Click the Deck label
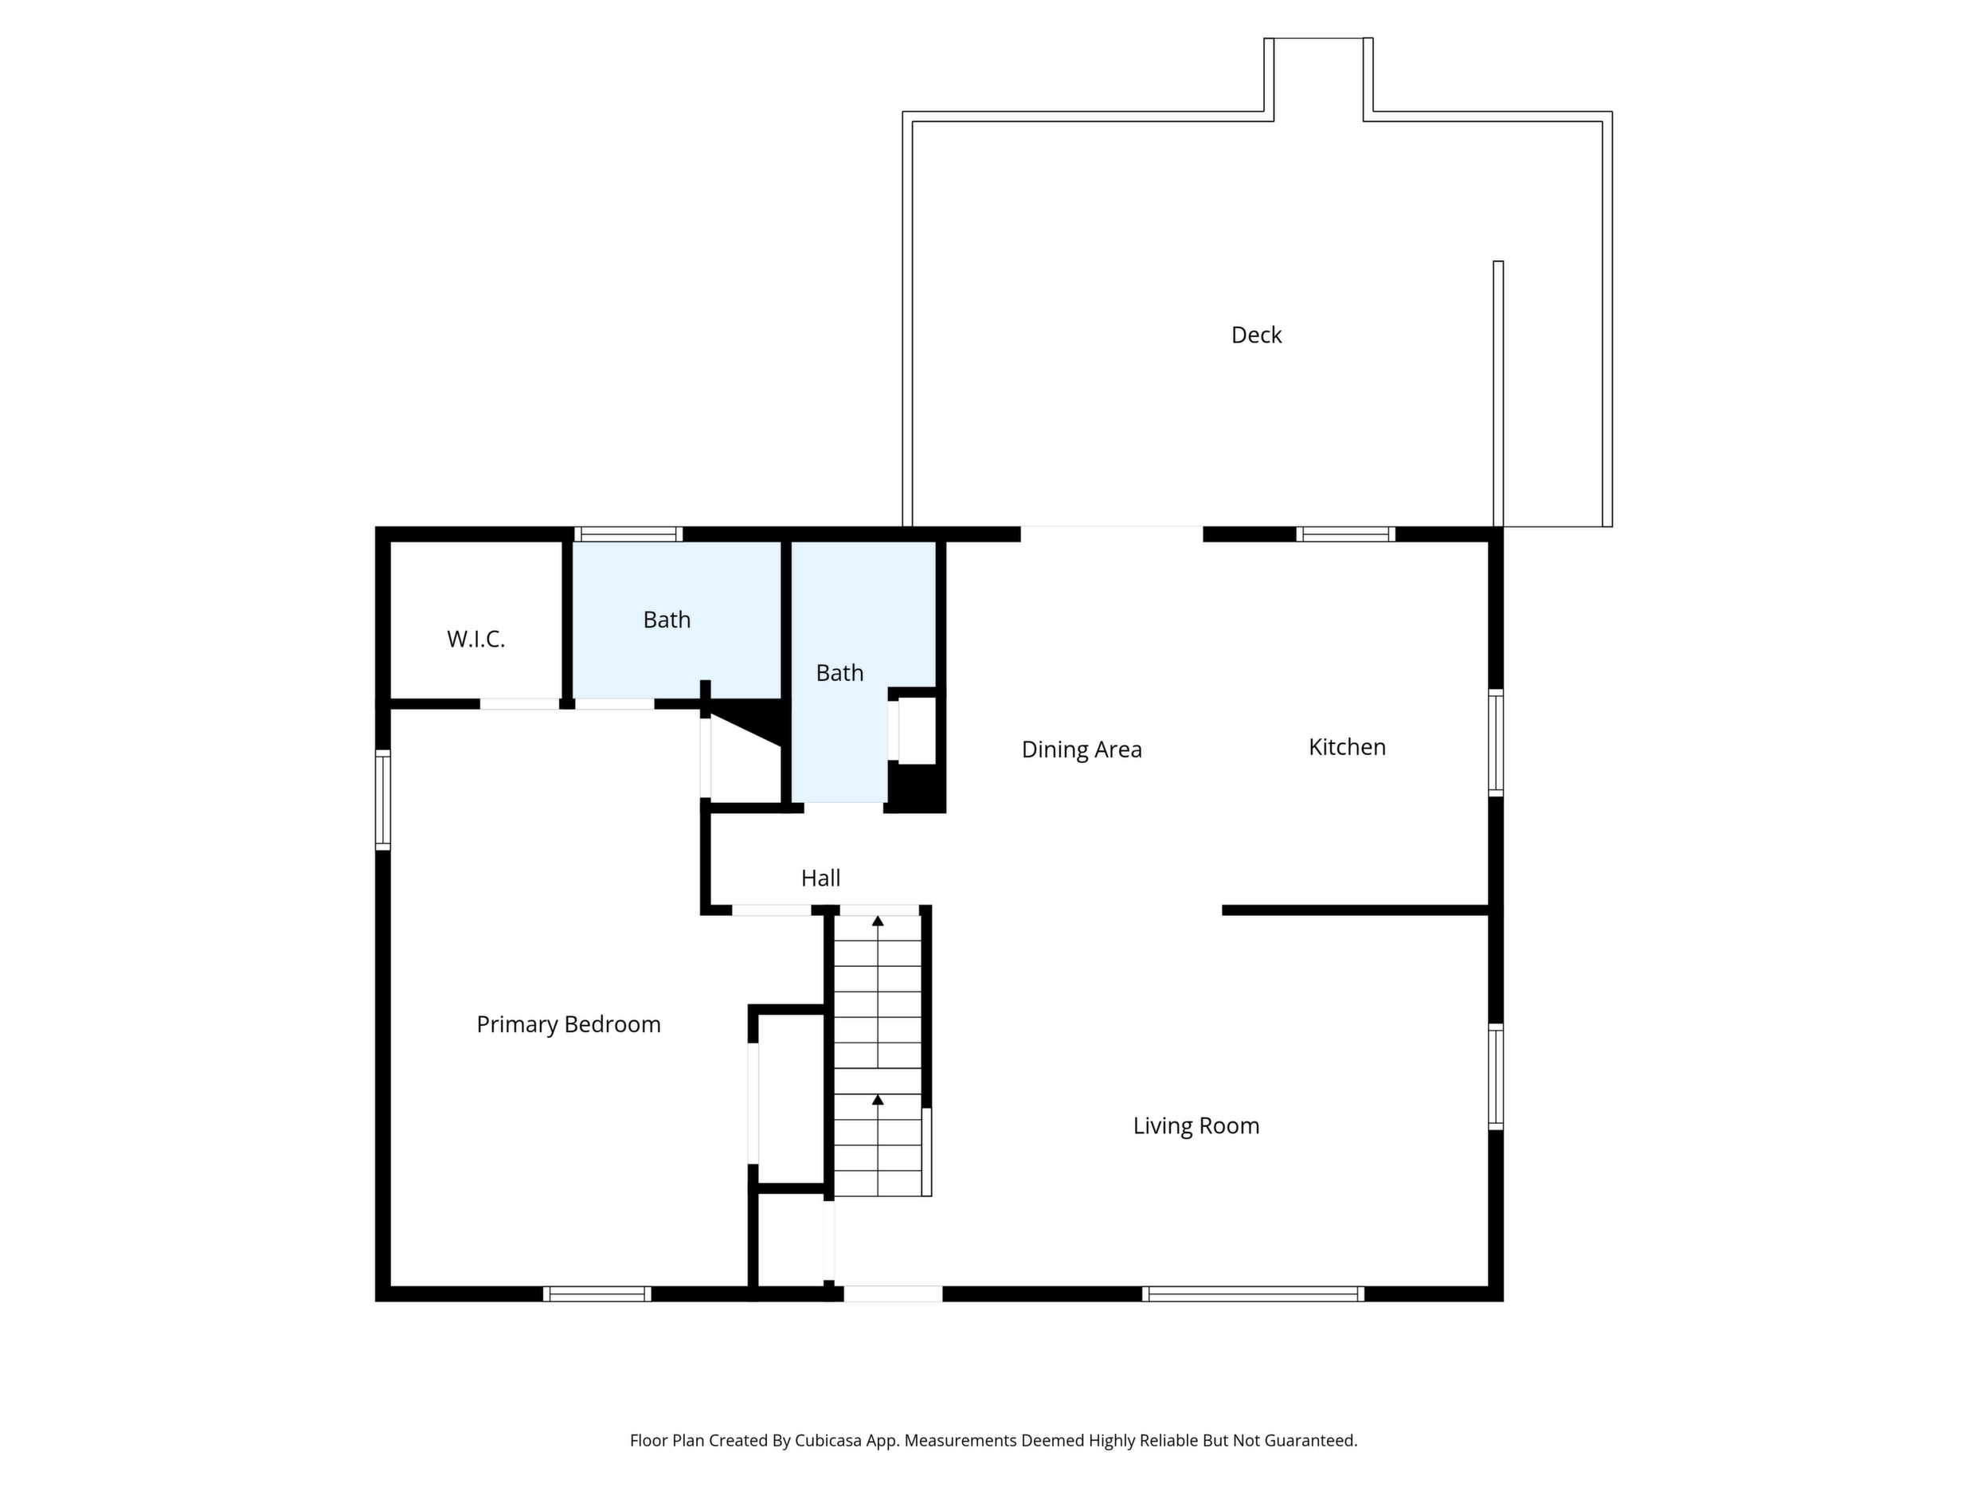[1255, 335]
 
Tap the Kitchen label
[1346, 747]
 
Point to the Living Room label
[1196, 1126]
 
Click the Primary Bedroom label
[568, 1024]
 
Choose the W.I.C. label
[475, 639]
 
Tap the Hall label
[820, 878]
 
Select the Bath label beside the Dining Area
[839, 672]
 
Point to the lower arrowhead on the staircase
[878, 1099]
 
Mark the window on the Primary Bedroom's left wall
[383, 800]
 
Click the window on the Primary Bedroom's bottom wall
[597, 1294]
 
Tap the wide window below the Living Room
[1253, 1294]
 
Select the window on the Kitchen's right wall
[1496, 742]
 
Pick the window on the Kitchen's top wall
[1345, 534]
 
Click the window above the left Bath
[628, 534]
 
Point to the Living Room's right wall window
[1496, 1077]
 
